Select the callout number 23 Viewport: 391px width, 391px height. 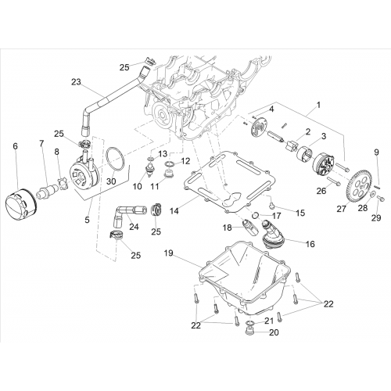coord(77,82)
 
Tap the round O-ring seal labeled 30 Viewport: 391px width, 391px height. coord(116,160)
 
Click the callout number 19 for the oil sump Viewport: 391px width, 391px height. coord(169,253)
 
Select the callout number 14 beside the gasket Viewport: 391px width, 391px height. coord(174,210)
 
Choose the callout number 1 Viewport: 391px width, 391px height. coord(318,106)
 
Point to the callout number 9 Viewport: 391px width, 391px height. coord(376,152)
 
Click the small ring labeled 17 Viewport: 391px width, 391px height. coord(256,215)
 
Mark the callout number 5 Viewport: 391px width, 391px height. coord(87,220)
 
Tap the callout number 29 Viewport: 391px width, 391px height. coord(376,217)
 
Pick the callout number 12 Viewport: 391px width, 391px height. coord(185,161)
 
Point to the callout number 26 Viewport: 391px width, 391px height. coord(321,191)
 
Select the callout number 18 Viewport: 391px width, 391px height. coord(228,228)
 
